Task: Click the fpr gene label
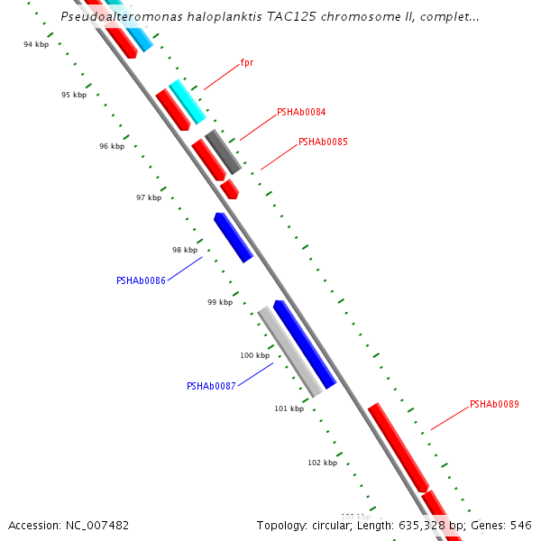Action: click(246, 63)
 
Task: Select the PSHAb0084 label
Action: click(301, 113)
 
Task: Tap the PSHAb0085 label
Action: click(323, 142)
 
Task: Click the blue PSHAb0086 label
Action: click(141, 280)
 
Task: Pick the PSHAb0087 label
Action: click(211, 386)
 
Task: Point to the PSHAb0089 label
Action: click(494, 405)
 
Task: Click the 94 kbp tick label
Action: click(36, 44)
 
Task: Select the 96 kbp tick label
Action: click(112, 146)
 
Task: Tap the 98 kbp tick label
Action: click(185, 250)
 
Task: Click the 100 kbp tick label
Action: click(254, 355)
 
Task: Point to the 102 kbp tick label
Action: click(322, 463)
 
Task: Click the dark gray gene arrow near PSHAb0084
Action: click(223, 151)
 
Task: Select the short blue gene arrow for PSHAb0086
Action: click(233, 237)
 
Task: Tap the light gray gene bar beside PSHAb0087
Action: click(289, 351)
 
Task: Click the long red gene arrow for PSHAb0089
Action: click(398, 447)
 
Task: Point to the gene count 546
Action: click(520, 525)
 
